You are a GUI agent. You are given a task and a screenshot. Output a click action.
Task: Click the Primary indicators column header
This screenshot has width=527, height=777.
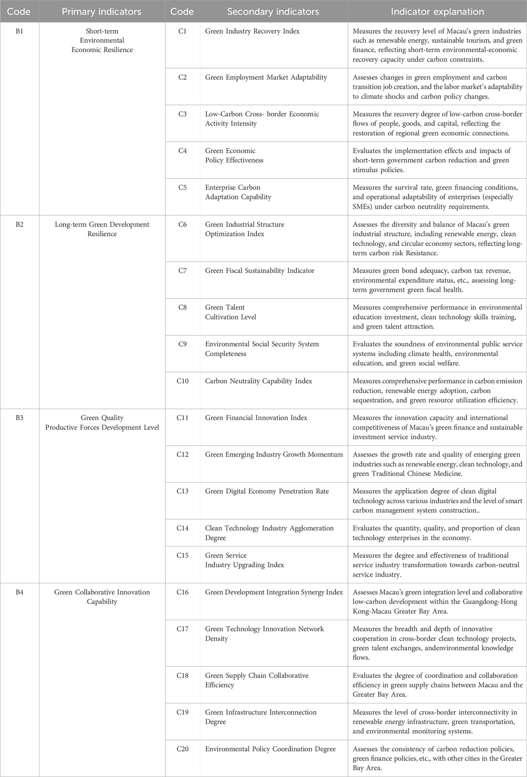pyautogui.click(x=102, y=12)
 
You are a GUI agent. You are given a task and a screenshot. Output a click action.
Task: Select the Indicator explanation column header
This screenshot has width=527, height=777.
pyautogui.click(x=437, y=12)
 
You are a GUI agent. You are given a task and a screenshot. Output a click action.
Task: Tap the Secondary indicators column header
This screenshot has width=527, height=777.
pyautogui.click(x=273, y=12)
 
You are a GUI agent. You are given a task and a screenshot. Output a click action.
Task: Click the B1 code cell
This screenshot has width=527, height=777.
pyautogui.click(x=19, y=31)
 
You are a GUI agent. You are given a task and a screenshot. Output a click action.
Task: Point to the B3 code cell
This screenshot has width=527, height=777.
pyautogui.click(x=19, y=418)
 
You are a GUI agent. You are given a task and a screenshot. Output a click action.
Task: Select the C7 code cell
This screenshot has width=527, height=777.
pyautogui.click(x=182, y=270)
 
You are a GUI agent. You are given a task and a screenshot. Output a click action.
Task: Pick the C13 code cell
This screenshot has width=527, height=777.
pyautogui.click(x=182, y=491)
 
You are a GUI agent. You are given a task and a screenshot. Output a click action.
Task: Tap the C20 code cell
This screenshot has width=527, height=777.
pyautogui.click(x=182, y=749)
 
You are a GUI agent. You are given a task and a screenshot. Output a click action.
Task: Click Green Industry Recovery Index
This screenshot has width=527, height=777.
pyautogui.click(x=252, y=31)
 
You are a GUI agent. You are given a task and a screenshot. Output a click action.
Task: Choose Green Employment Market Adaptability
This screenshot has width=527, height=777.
pyautogui.click(x=266, y=77)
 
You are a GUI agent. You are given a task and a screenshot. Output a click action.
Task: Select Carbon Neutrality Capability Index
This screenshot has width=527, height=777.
pyautogui.click(x=259, y=381)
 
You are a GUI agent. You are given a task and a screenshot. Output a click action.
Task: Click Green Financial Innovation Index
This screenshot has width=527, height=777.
pyautogui.click(x=256, y=418)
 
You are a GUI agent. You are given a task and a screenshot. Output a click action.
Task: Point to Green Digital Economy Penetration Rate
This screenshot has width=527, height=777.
pyautogui.click(x=267, y=491)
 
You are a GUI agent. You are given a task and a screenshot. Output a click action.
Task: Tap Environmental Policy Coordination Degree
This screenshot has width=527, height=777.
pyautogui.click(x=270, y=749)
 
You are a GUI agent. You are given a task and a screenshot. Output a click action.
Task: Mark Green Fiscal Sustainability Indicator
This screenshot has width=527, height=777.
pyautogui.click(x=260, y=270)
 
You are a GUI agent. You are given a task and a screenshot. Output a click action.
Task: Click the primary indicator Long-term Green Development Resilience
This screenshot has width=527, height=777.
pyautogui.click(x=102, y=229)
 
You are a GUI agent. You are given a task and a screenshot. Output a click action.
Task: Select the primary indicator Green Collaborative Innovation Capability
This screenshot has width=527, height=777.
pyautogui.click(x=102, y=597)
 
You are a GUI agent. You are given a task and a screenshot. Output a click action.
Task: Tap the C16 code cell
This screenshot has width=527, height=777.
pyautogui.click(x=182, y=592)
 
